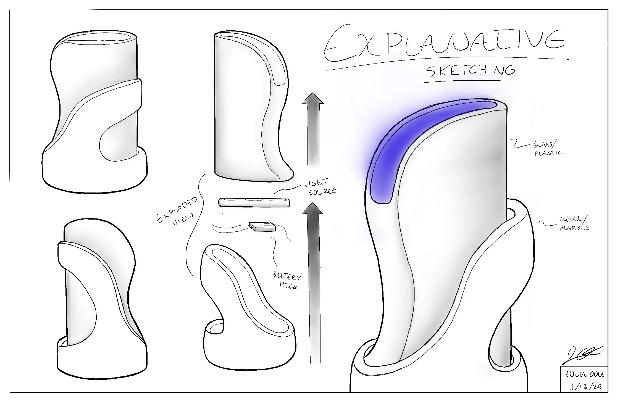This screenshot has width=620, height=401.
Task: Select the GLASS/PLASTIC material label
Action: (548, 149)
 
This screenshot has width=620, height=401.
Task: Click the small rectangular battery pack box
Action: (262, 226)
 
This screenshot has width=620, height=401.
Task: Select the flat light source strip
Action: (254, 202)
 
